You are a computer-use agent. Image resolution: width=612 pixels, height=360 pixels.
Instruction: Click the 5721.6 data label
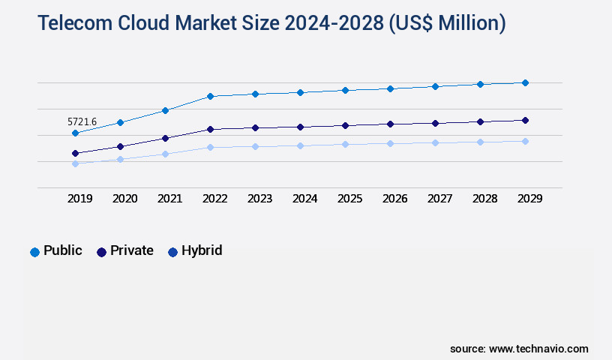point(82,121)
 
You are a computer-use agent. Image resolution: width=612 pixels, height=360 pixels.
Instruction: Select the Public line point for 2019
point(75,133)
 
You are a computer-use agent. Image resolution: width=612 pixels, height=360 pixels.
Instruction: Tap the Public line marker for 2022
point(210,96)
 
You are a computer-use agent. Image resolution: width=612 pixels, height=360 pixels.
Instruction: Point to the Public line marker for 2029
point(525,82)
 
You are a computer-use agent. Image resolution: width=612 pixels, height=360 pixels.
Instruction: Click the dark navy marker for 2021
point(165,138)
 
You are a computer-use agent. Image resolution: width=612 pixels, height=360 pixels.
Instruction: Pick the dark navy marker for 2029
point(525,120)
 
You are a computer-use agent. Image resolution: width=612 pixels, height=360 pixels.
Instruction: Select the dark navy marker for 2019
point(75,153)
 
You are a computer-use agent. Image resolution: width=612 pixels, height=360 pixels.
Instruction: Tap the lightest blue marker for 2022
point(210,147)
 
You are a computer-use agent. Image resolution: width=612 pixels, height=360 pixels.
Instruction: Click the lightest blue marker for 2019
point(75,163)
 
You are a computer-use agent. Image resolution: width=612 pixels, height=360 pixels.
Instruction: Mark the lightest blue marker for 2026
point(390,143)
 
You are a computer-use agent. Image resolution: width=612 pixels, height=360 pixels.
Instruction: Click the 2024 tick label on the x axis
point(305,199)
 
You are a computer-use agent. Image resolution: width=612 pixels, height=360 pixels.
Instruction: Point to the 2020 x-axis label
point(125,199)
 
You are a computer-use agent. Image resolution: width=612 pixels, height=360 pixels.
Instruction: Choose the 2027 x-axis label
point(440,199)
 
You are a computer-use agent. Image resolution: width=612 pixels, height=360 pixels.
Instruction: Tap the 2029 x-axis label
point(530,199)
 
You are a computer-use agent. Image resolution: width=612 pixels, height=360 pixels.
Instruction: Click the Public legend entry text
point(63,250)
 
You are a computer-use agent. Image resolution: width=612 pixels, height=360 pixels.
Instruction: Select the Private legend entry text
point(132,250)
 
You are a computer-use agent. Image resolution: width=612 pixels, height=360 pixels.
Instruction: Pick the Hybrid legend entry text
point(202,250)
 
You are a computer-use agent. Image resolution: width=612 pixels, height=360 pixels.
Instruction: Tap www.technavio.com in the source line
point(538,349)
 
